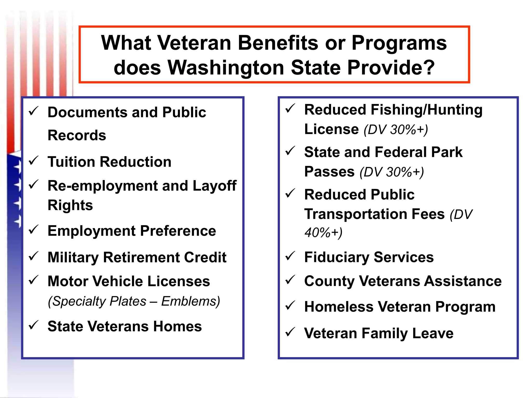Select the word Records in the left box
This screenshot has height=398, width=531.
(x=77, y=135)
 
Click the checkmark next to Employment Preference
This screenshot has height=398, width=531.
(x=34, y=230)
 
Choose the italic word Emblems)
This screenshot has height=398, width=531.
(x=191, y=301)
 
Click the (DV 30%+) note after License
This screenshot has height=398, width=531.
(x=396, y=130)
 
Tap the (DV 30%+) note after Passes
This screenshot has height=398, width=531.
(x=392, y=172)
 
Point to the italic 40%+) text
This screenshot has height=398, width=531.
(x=323, y=232)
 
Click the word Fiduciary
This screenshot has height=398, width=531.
(x=337, y=257)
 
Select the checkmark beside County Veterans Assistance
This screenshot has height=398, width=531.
(x=290, y=280)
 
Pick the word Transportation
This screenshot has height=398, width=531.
(x=348, y=214)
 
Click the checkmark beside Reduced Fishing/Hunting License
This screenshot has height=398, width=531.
(x=290, y=109)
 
